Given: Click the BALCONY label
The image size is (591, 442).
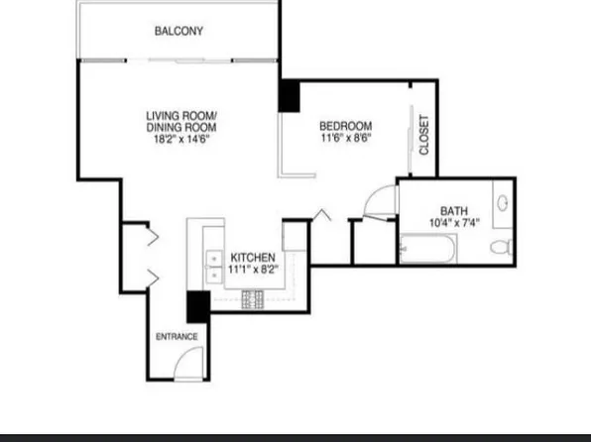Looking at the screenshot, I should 178,31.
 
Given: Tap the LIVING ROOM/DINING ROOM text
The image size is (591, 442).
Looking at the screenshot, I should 181,122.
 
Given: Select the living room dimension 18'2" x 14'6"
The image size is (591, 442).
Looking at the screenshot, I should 181,141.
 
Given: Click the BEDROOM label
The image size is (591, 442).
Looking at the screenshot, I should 345,126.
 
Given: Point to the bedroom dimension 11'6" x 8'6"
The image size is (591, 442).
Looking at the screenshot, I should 345,139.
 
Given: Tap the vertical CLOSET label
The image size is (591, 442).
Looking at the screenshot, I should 424,136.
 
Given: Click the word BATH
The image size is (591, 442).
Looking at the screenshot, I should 454,210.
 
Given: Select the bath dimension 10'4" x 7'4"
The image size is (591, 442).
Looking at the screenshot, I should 454,223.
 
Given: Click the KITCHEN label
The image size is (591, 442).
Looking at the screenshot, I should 253,257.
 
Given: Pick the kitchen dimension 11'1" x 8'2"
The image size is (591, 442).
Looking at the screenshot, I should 253,269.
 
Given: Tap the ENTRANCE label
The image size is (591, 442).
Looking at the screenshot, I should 177,337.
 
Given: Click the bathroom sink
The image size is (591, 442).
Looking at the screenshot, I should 503,204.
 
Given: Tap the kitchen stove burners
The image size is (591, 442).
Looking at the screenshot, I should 252,297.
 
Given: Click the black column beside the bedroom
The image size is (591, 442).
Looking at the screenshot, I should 289,96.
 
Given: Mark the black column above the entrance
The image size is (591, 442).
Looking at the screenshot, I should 198,306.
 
